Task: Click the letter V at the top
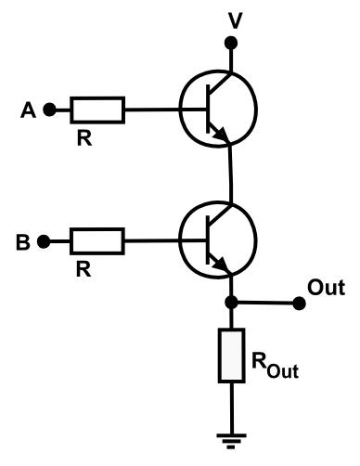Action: point(234,18)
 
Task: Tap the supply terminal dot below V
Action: point(234,44)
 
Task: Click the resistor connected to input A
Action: point(97,110)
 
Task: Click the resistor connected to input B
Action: point(97,242)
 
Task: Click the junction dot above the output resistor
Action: point(233,303)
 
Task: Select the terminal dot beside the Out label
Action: point(297,303)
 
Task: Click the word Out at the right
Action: point(326,287)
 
